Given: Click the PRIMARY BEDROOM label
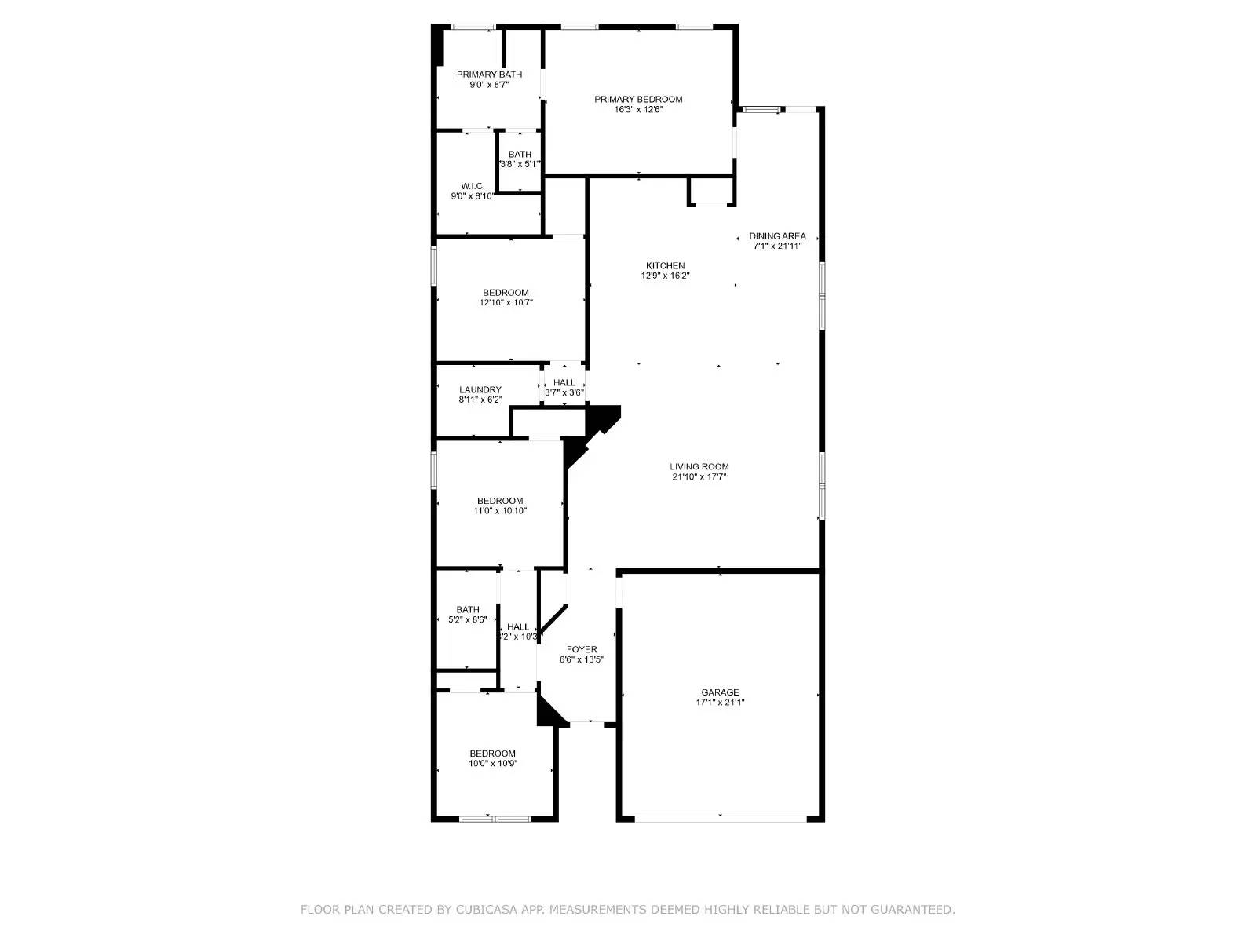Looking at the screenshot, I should coord(638,99).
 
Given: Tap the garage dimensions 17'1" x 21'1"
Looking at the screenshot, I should coord(720,703).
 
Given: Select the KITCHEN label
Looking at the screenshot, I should coord(665,265).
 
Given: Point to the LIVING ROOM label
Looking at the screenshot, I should coord(699,466).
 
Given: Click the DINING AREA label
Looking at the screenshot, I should coord(777,235).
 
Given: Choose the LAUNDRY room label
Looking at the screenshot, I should coord(480,389).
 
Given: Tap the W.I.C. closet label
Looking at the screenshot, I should coord(472,186).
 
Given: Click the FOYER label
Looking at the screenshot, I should coord(582,649).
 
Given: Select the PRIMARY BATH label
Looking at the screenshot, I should coord(489,75).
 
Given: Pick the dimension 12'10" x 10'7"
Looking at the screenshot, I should coord(506,302).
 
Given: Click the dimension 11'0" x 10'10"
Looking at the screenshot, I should coord(500,511).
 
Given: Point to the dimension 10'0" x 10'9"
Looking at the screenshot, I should coord(493,763).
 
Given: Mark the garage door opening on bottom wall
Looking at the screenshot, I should coord(720,819).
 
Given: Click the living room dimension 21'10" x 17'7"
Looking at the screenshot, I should coord(699,476).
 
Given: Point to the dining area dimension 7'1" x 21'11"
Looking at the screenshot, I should coord(777,246).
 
